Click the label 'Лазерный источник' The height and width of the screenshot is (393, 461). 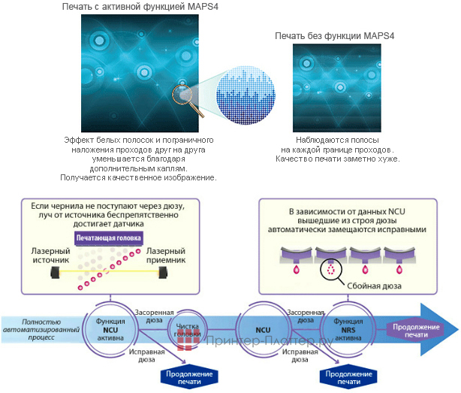click(x=49, y=255)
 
